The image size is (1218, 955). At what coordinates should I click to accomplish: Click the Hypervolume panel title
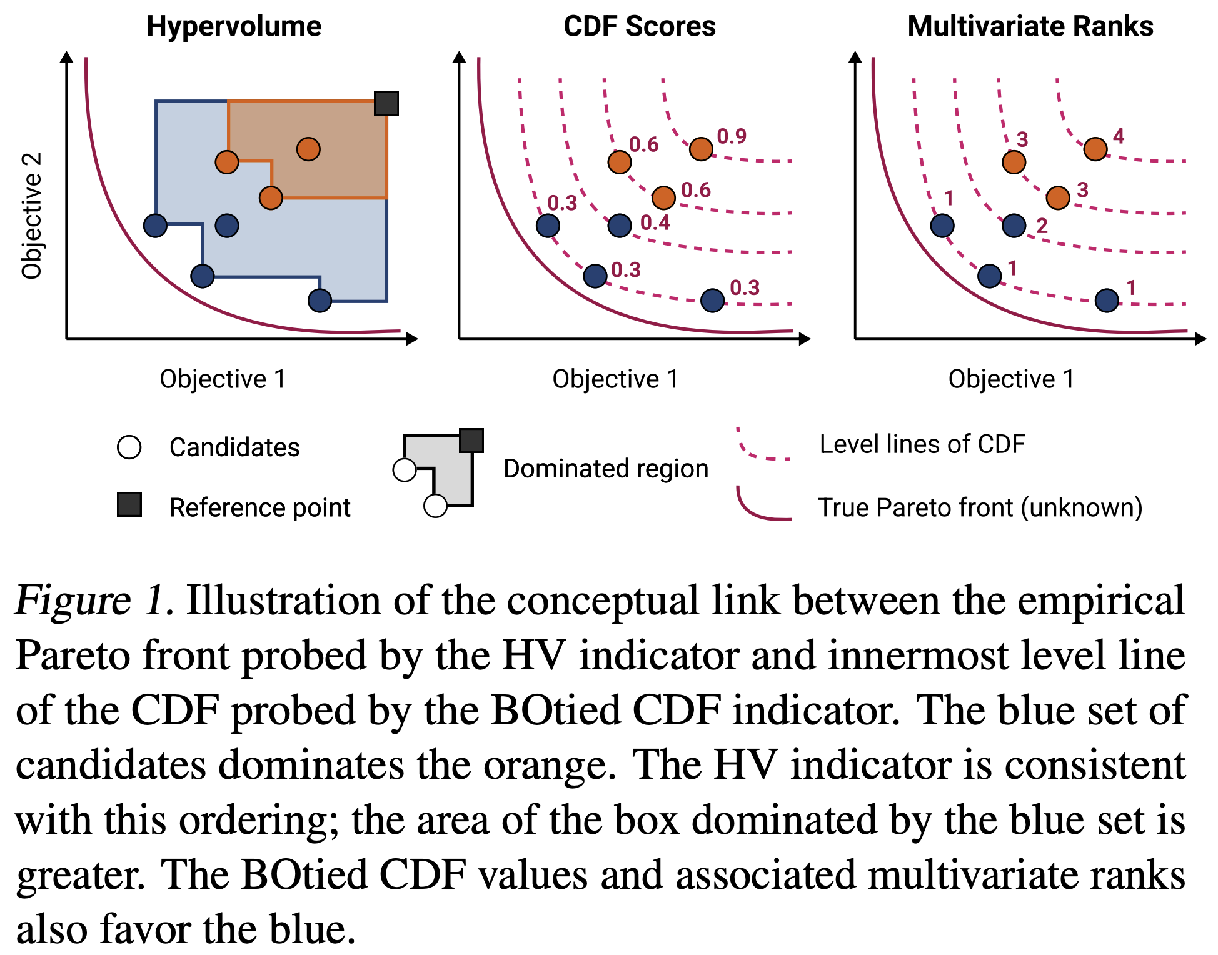tap(234, 26)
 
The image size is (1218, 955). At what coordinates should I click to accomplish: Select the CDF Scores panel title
tap(639, 26)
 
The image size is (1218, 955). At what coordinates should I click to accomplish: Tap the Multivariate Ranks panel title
tap(1030, 26)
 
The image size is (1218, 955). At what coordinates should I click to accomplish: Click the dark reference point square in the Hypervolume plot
tap(386, 104)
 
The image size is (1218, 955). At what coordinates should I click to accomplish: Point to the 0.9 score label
tap(732, 136)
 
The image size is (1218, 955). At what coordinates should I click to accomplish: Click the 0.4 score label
tap(655, 222)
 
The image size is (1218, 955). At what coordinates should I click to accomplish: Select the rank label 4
tap(1119, 136)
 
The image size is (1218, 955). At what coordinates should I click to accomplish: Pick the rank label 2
tap(1042, 226)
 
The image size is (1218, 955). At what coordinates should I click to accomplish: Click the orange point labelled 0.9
tap(701, 149)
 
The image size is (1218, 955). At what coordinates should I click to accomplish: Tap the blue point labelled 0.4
tap(620, 226)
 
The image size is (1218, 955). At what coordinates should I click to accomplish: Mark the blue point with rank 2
tap(1014, 226)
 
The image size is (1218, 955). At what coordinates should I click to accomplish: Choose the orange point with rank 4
tap(1095, 149)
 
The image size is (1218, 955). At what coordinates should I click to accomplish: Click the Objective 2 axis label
tap(32, 215)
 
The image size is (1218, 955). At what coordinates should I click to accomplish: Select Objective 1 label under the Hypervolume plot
tap(223, 379)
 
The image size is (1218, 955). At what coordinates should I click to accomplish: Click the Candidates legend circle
tap(129, 447)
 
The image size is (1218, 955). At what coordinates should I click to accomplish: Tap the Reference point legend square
tap(129, 504)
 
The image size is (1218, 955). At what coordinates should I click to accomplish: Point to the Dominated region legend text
tap(606, 469)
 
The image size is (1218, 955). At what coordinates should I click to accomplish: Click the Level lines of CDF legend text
tap(922, 444)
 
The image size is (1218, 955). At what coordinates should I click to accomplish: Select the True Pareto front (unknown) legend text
tap(980, 507)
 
